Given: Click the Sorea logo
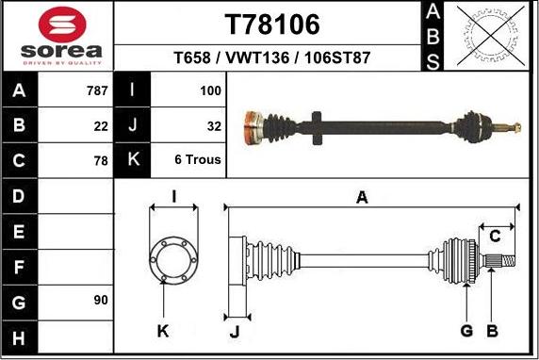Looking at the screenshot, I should tap(57, 36).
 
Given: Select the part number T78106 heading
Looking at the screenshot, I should tap(272, 25).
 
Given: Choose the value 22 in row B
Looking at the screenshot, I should tap(101, 125).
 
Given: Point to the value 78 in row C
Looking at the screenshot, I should tap(101, 160).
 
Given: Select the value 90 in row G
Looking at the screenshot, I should tap(101, 300).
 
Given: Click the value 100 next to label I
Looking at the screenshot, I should tap(210, 91).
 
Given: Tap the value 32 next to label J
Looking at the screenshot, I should tap(213, 125).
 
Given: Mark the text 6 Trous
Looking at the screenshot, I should tap(198, 160).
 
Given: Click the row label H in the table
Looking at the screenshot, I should tap(21, 335).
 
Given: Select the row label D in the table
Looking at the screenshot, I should tap(21, 196).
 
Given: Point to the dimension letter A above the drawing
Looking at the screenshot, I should tap(361, 196).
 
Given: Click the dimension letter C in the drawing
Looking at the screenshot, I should tap(495, 236).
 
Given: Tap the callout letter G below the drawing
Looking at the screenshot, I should tap(465, 331).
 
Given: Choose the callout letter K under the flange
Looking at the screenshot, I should tap(162, 331).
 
